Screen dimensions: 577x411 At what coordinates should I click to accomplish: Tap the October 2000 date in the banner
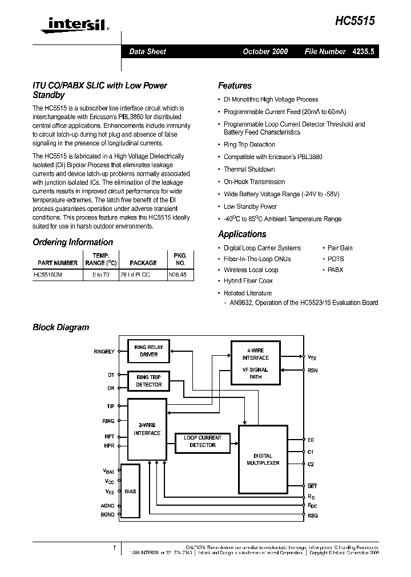[265, 51]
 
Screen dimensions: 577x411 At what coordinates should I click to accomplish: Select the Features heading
[235, 86]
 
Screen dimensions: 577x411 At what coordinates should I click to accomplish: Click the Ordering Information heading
[72, 242]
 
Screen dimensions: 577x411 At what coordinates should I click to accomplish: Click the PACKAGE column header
[143, 263]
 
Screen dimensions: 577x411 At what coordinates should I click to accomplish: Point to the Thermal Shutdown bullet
[249, 169]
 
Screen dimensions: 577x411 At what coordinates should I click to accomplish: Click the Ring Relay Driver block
[148, 351]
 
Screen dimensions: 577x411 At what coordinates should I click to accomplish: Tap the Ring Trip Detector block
[148, 381]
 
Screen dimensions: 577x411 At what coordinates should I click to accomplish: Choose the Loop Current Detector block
[203, 441]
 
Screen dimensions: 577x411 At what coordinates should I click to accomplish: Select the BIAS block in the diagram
[130, 491]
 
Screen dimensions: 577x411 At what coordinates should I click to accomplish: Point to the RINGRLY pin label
[104, 352]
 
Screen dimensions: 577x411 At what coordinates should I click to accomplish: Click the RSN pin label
[312, 370]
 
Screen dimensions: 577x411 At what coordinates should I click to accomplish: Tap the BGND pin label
[107, 514]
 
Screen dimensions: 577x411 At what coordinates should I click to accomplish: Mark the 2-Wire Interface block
[147, 429]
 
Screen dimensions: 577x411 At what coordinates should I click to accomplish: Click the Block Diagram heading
[61, 327]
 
